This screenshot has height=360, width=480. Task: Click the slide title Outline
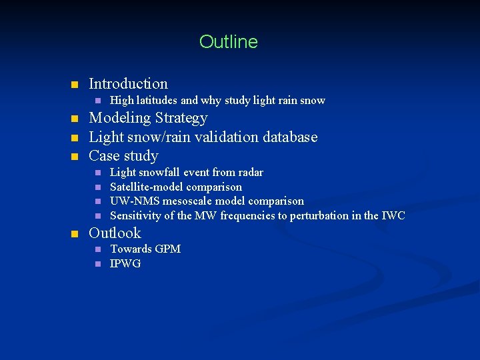click(228, 42)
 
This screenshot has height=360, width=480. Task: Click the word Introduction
click(128, 84)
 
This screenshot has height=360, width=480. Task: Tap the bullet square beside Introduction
click(75, 85)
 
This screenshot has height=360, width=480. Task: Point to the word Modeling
click(119, 119)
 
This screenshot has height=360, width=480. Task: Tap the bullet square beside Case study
click(75, 157)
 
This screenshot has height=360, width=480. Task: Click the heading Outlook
click(115, 233)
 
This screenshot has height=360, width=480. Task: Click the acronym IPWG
click(125, 264)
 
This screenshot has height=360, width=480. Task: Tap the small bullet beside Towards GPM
click(97, 249)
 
